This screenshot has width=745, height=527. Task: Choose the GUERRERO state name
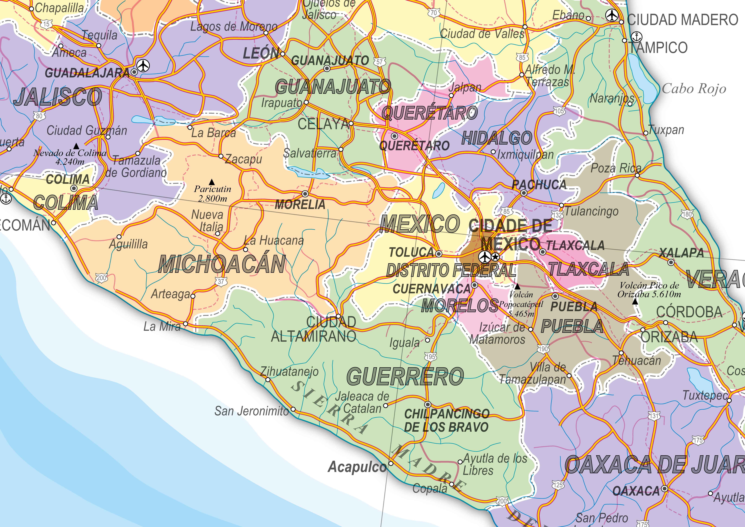tap(405, 377)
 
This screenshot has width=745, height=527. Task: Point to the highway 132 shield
tap(557, 215)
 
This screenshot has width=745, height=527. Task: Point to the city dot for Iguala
tap(427, 340)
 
